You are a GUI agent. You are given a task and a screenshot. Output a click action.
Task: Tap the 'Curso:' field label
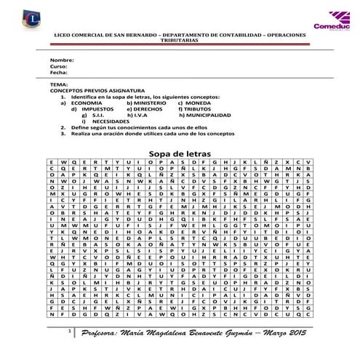click(x=57, y=66)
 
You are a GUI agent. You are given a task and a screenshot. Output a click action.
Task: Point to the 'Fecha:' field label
click(x=58, y=73)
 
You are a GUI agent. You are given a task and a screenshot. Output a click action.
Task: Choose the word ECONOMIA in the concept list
click(x=87, y=103)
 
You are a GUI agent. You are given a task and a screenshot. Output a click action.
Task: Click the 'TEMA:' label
click(x=57, y=85)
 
